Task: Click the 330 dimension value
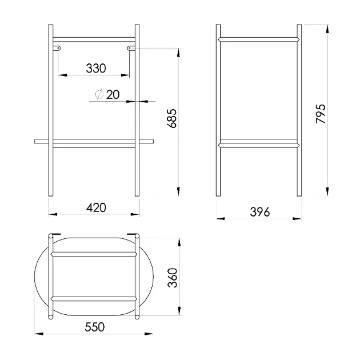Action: coord(96,68)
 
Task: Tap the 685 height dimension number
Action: coord(172,118)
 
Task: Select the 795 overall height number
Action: coord(321,114)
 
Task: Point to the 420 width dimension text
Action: coord(96,207)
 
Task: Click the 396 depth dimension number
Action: coord(260,212)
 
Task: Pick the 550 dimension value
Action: coord(95,327)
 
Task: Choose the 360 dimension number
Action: coord(173,278)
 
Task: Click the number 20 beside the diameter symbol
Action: coord(113,95)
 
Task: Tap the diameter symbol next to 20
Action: coord(99,94)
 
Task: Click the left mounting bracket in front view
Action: coord(57,48)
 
